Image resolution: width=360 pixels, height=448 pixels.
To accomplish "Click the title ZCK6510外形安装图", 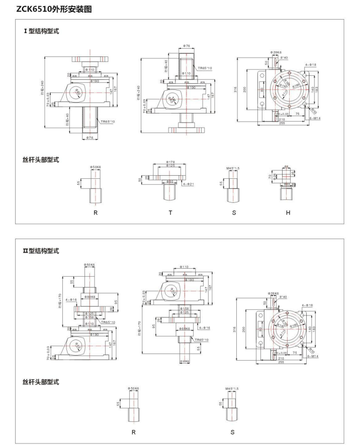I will pyautogui.click(x=47, y=9).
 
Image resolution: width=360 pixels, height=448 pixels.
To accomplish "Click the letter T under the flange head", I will pyautogui.click(x=170, y=213).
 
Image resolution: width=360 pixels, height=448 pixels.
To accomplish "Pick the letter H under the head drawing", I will pyautogui.click(x=288, y=213).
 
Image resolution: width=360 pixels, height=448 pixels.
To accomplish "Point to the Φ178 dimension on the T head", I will pyautogui.click(x=170, y=162).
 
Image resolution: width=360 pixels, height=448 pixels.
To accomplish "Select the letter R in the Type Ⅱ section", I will pyautogui.click(x=133, y=431).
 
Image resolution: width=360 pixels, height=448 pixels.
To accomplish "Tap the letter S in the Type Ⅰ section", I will pyautogui.click(x=233, y=213).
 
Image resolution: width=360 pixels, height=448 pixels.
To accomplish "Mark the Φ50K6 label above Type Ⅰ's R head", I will pyautogui.click(x=96, y=166).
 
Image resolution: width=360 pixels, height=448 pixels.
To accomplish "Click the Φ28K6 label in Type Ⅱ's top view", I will pyautogui.click(x=274, y=293).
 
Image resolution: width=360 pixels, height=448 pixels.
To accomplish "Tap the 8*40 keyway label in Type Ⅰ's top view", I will pyautogui.click(x=284, y=58).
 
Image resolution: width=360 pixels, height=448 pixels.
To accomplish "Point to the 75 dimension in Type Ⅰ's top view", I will pyautogui.click(x=298, y=114).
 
